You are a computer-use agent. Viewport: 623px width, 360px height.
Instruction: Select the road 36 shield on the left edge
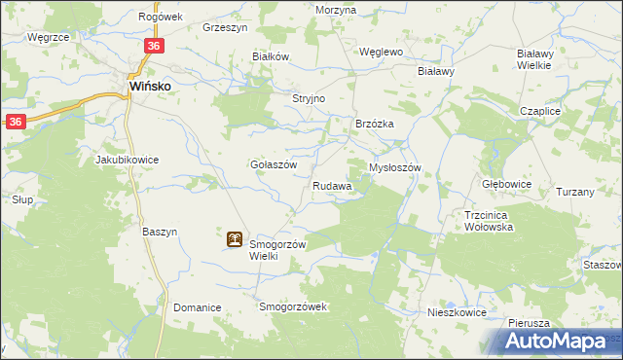pyautogui.click(x=16, y=122)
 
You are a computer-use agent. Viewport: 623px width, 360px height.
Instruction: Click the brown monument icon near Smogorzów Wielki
pyautogui.click(x=236, y=238)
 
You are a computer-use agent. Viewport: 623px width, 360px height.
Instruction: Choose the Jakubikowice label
pyautogui.click(x=127, y=159)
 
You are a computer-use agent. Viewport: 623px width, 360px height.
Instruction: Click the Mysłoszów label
pyautogui.click(x=394, y=167)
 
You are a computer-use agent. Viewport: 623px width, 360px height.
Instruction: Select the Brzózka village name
pyautogui.click(x=374, y=124)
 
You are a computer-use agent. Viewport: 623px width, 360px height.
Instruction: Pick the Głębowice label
pyautogui.click(x=506, y=182)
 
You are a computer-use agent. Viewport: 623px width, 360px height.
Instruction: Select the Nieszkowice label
pyautogui.click(x=457, y=313)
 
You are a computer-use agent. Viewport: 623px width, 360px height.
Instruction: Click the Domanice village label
pyautogui.click(x=198, y=307)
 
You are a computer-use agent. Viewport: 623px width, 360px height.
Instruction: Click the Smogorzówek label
pyautogui.click(x=295, y=307)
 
